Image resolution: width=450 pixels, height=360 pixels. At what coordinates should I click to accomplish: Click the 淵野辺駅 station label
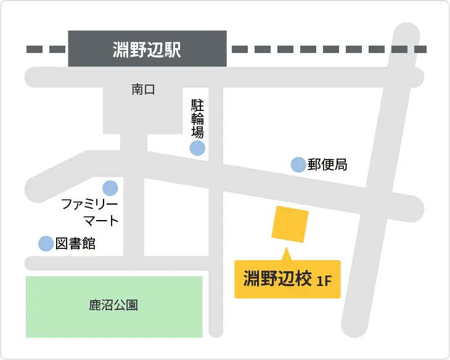coord(147,49)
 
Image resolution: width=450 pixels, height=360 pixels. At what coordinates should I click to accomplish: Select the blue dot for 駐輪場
coord(197,148)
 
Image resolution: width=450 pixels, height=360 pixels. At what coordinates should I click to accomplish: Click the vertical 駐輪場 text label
coord(197,117)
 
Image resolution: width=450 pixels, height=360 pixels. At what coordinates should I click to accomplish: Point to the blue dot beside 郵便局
coord(298,165)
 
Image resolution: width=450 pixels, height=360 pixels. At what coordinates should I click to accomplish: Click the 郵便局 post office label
coord(328,165)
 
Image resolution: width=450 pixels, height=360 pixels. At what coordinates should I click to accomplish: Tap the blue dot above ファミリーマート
coord(110,187)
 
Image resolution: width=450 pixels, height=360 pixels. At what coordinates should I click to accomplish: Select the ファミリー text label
coord(89,204)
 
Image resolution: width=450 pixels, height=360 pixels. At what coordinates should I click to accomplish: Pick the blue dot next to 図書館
coord(46,243)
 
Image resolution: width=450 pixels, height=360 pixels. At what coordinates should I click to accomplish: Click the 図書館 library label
coord(76,243)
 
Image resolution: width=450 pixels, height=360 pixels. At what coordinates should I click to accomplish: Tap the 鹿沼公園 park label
coord(113,305)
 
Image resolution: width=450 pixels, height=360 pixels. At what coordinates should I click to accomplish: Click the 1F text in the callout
coord(324,281)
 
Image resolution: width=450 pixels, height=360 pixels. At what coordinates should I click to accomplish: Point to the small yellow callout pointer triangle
coord(286,254)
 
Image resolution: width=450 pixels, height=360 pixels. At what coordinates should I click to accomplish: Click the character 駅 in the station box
coord(173,49)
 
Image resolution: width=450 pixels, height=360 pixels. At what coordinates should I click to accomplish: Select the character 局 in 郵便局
coord(341,165)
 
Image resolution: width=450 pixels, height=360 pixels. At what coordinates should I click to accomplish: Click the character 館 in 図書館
coord(89,243)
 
